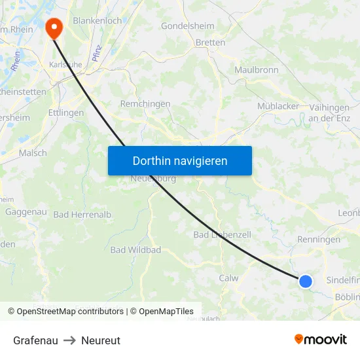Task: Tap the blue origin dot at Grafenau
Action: click(306, 281)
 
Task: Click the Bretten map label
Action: click(210, 43)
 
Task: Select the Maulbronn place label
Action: click(257, 70)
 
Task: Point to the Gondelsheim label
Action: click(189, 26)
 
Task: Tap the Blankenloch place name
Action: click(98, 21)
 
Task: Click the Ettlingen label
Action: click(66, 113)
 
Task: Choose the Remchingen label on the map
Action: click(145, 104)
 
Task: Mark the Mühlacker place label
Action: click(278, 106)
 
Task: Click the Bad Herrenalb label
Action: click(82, 215)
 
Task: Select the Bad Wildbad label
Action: click(135, 250)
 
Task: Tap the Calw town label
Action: click(228, 278)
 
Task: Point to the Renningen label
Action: click(319, 240)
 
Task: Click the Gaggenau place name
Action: click(26, 212)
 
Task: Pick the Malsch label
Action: click(33, 153)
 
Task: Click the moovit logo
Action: click(320, 339)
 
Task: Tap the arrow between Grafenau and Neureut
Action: click(69, 340)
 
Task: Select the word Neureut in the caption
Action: click(101, 340)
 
